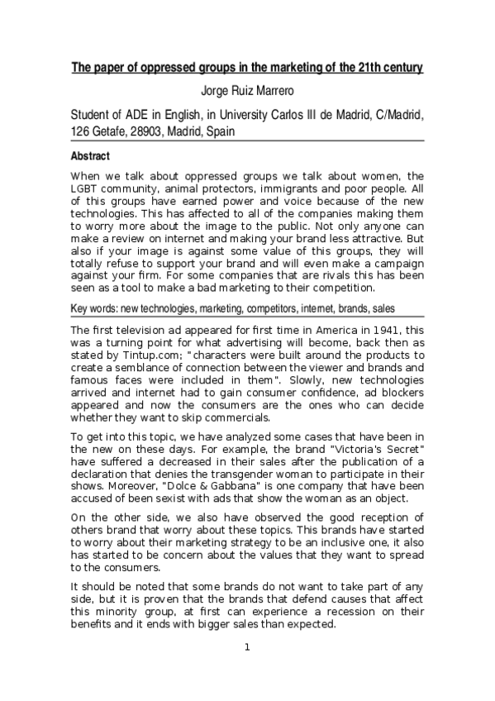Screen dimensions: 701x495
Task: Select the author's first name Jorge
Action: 217,91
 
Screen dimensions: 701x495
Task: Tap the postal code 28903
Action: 156,131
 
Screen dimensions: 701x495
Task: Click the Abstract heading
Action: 90,155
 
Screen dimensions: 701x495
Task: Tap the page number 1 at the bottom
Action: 247,670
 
